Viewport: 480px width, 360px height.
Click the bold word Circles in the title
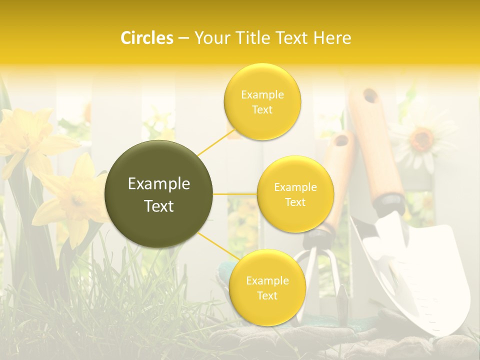click(146, 38)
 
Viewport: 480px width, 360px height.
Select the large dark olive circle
click(159, 194)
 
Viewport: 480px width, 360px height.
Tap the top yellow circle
click(262, 102)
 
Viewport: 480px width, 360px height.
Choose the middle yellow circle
click(295, 194)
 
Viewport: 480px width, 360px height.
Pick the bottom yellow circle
click(267, 287)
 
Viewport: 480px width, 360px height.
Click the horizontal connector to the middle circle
click(235, 194)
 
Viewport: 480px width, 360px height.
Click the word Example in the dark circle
click(159, 184)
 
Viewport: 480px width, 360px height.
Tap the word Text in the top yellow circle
click(262, 110)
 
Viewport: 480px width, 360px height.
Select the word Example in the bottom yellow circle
click(267, 280)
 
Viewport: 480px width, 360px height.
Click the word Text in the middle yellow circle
click(295, 202)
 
